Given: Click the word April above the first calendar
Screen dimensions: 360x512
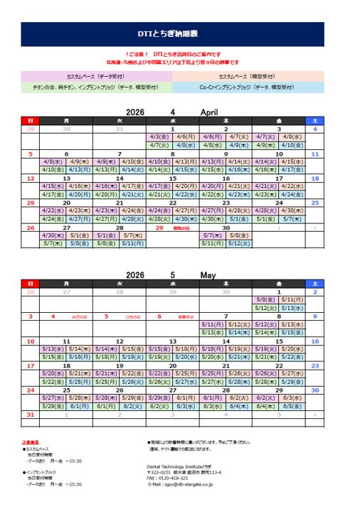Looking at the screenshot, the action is click(209, 112).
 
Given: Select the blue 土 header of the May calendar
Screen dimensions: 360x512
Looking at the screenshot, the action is click(314, 283).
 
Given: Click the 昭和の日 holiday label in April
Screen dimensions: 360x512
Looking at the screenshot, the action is click(181, 228).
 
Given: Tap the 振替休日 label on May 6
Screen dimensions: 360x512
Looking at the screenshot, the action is click(186, 316).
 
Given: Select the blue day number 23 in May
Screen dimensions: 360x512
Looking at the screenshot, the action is click(314, 365).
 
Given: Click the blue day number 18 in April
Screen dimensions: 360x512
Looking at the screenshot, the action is click(314, 178).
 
